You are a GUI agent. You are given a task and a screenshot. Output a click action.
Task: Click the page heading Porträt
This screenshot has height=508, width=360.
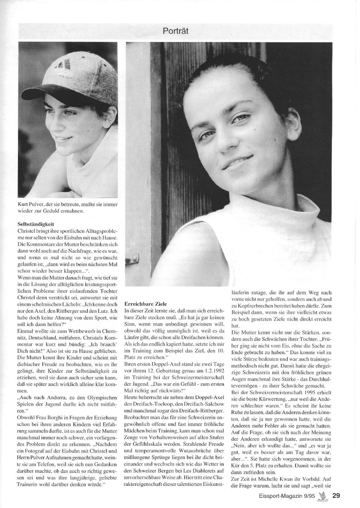tap(175, 31)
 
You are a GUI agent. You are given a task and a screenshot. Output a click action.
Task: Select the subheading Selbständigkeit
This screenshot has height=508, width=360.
tap(36, 224)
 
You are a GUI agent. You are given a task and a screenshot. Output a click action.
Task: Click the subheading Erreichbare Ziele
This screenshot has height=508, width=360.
tap(145, 304)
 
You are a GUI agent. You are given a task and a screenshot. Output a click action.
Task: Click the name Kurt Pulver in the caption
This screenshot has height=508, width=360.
tap(30, 204)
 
